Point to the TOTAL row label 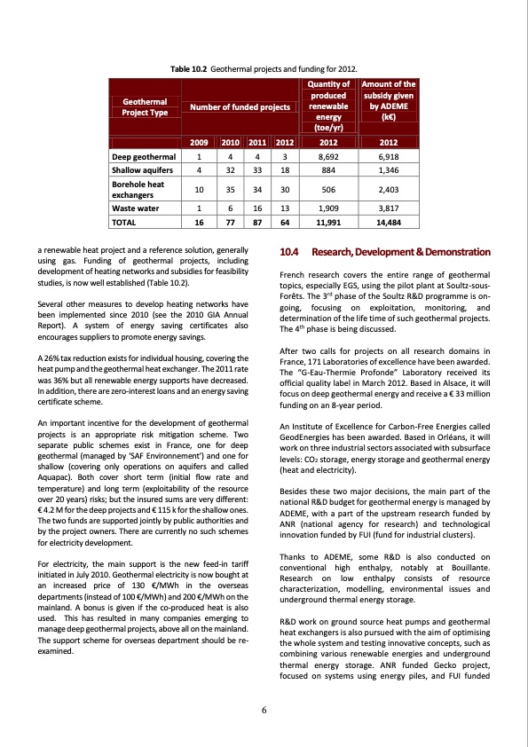point(123,223)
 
